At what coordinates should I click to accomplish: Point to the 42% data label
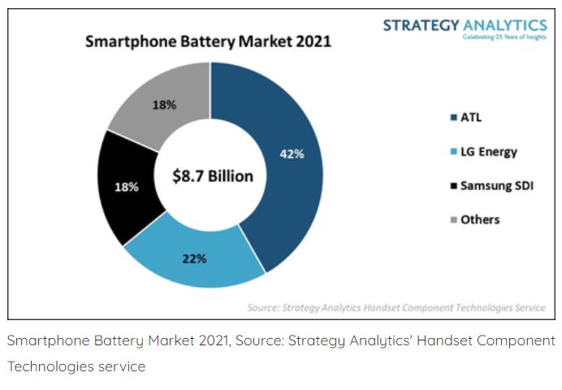click(x=292, y=154)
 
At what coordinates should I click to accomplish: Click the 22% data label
click(x=194, y=259)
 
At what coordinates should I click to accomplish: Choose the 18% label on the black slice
click(x=127, y=187)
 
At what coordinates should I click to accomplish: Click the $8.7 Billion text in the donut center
click(x=213, y=175)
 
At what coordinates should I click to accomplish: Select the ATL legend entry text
click(x=471, y=117)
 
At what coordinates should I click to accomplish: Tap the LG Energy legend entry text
click(x=489, y=151)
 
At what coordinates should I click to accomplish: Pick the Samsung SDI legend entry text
click(x=496, y=185)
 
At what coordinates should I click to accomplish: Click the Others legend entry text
click(x=480, y=219)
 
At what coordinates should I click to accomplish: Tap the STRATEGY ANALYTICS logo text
click(x=465, y=25)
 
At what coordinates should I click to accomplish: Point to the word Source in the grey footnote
click(x=265, y=308)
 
